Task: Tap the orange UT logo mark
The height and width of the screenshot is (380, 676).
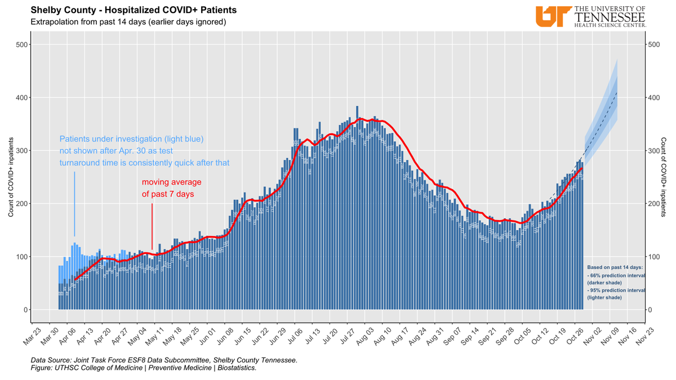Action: tap(552, 16)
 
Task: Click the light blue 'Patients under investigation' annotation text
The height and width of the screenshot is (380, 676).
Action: tap(145, 150)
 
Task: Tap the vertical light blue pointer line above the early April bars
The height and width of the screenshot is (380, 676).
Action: tap(74, 204)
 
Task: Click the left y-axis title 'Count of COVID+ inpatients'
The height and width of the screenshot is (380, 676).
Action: tap(11, 177)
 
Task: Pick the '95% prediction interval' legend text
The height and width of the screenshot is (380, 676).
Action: tap(615, 289)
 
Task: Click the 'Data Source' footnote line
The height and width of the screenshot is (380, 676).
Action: tap(164, 360)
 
